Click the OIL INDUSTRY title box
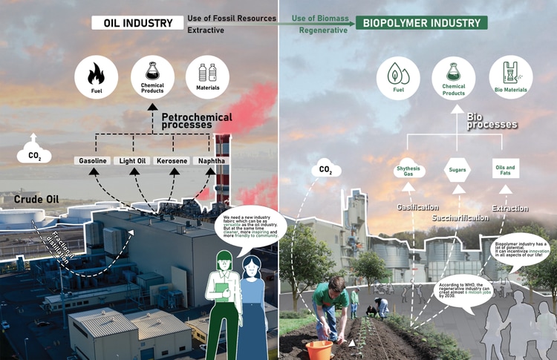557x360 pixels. click(x=137, y=22)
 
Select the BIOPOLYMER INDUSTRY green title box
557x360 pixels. click(x=421, y=22)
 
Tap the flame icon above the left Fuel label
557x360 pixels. click(x=97, y=73)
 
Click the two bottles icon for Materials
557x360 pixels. click(x=207, y=73)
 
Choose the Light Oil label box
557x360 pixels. click(x=134, y=161)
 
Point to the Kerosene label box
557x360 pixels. click(x=172, y=161)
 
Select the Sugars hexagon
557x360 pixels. click(x=457, y=170)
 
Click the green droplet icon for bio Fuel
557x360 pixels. click(x=398, y=73)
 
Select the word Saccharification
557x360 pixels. click(x=460, y=218)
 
